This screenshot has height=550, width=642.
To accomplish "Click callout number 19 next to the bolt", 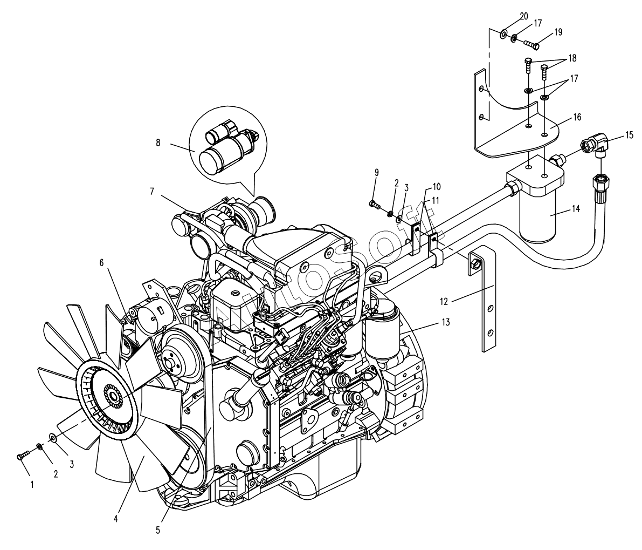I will (557, 32).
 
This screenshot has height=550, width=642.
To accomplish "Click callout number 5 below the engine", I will (157, 529).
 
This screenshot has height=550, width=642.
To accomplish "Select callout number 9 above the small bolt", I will (376, 172).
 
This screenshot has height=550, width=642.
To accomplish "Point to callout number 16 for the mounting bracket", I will (577, 117).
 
